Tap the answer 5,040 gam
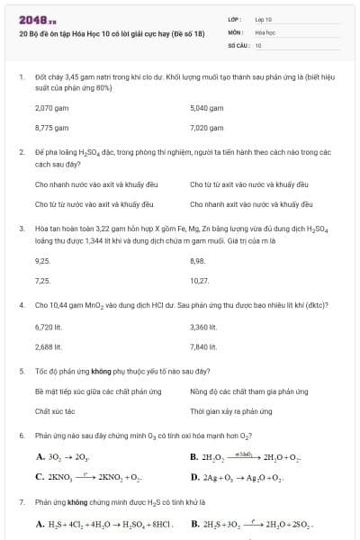pos(206,107)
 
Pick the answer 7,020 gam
pos(205,128)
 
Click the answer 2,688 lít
pos(49,346)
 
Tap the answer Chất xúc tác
pos(54,411)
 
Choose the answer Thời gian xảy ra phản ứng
pos(230,411)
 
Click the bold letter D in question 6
pos(193,476)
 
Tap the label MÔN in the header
pos(235,31)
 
